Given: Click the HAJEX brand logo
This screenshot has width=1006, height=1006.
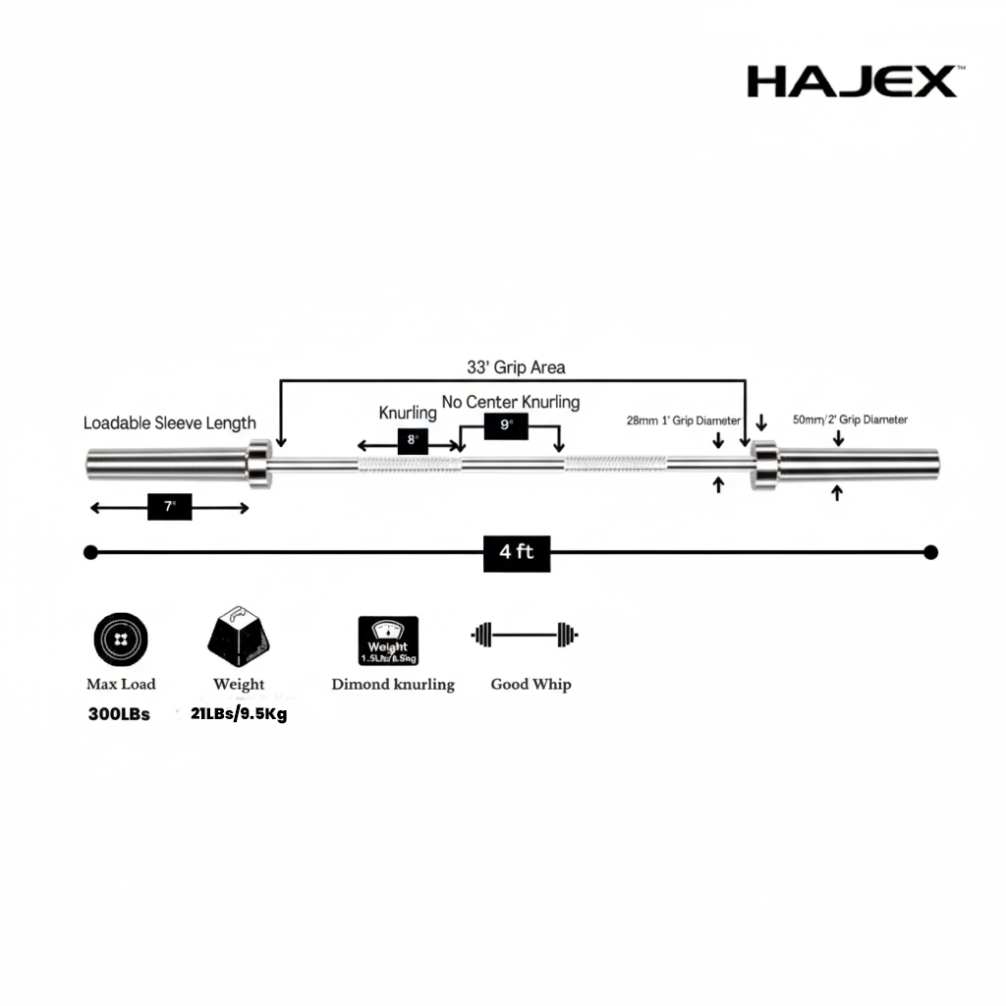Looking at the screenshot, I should coord(851,82).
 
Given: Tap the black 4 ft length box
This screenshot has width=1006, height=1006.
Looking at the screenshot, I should coord(517,552).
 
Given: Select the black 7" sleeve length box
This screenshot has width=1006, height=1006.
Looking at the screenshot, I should coord(169,507).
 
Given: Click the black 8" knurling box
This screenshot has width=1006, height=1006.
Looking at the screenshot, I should coord(411,441).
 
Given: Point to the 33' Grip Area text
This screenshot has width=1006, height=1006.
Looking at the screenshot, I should coord(515,367).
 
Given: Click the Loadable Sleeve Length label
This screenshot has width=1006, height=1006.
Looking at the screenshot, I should coord(169,423).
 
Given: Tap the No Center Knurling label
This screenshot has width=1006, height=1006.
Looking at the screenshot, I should coord(510,401).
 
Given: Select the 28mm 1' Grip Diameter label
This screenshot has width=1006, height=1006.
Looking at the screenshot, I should coord(683,420).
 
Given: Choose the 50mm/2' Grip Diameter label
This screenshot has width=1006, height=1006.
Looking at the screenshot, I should coord(850,419).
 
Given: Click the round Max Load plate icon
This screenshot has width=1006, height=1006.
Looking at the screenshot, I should coord(121,640).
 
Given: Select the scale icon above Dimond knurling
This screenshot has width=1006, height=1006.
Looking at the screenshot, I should coord(388,641).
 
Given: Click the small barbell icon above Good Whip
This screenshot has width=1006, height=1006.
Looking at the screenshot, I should coord(525,635).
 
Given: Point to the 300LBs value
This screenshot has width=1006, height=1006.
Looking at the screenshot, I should coord(119,714).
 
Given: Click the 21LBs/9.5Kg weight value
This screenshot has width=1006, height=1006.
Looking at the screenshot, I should coord(239,714).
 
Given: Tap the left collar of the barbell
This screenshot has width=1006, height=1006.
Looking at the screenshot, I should coord(258,463).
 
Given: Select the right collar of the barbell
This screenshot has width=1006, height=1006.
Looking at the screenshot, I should coord(764,464).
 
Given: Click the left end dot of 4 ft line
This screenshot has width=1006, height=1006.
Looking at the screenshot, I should coord(90,552).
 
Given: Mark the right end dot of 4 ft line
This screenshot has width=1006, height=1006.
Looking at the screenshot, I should coord(931,552).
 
